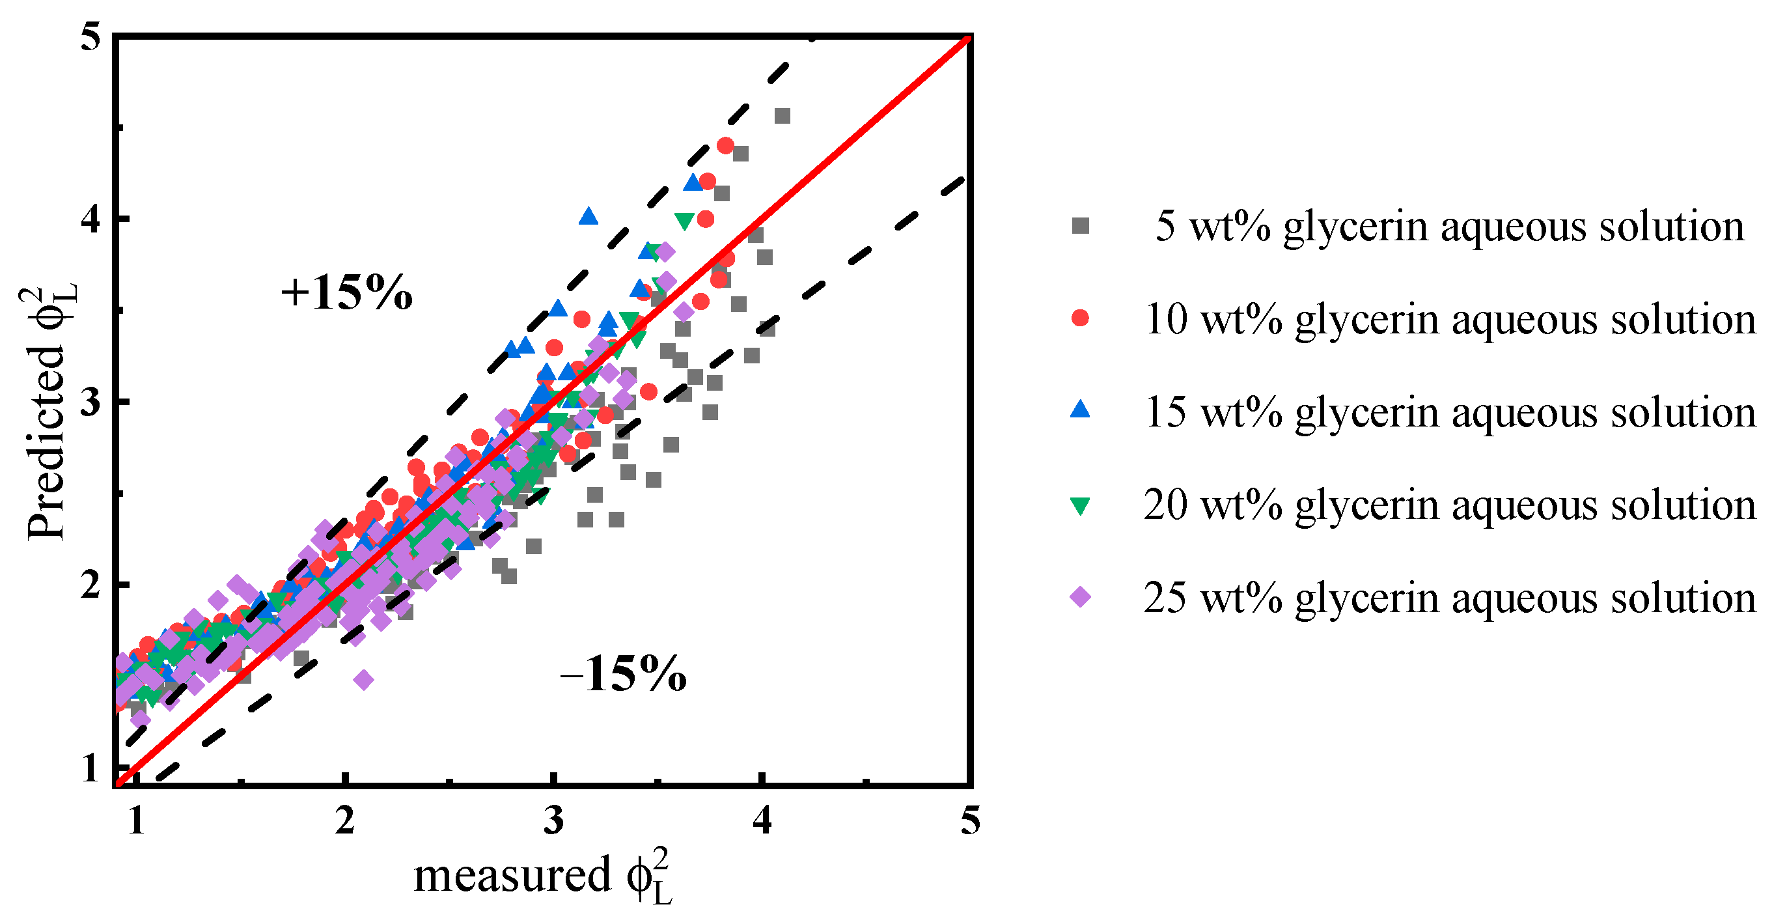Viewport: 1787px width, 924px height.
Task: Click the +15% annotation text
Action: (346, 293)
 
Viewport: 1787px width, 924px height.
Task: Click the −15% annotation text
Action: (623, 674)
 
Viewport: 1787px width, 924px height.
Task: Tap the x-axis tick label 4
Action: (762, 821)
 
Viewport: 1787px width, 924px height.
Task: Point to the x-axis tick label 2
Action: (345, 821)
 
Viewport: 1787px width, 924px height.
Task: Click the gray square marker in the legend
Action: (1080, 226)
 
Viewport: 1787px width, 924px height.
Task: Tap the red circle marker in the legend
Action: (1080, 318)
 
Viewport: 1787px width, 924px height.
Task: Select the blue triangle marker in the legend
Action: (1080, 410)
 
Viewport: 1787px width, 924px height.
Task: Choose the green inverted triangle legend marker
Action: (1080, 506)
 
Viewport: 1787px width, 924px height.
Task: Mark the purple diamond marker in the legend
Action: (1080, 597)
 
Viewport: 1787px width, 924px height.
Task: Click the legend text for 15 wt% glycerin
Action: (1450, 412)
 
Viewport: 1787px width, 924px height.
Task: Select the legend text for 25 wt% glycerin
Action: (1450, 597)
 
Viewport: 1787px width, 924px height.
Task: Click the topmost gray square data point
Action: (782, 117)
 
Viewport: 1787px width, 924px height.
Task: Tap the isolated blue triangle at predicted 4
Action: (589, 217)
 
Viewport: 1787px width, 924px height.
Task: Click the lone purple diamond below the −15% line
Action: (363, 680)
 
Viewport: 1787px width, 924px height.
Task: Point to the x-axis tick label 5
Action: (970, 821)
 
